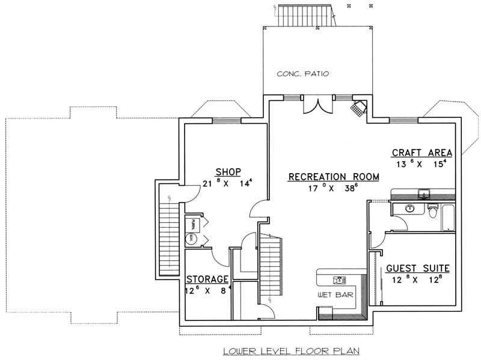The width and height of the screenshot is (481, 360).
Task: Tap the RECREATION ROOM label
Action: (x=334, y=177)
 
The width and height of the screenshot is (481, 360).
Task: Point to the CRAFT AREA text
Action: (x=422, y=151)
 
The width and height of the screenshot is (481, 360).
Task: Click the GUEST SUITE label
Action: (x=418, y=269)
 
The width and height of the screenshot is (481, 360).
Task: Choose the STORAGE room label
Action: (x=207, y=279)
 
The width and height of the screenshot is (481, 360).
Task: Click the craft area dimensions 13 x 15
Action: (x=422, y=164)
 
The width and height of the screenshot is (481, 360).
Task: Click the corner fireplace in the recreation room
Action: (x=360, y=108)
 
